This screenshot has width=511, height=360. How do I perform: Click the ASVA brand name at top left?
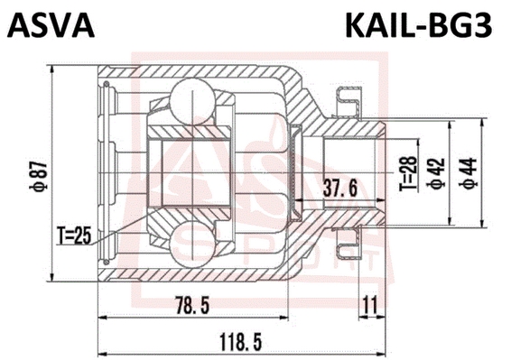[51, 25]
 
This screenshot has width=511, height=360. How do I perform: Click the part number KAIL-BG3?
[418, 25]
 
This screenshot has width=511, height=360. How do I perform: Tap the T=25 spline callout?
[73, 235]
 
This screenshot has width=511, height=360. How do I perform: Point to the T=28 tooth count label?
[409, 173]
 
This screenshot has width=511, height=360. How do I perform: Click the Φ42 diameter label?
[436, 173]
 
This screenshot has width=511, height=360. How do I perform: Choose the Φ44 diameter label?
[468, 173]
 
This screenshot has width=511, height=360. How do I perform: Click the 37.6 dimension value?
[339, 188]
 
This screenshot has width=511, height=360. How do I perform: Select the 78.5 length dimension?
[192, 305]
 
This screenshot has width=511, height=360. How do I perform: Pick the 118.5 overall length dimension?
[241, 341]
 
